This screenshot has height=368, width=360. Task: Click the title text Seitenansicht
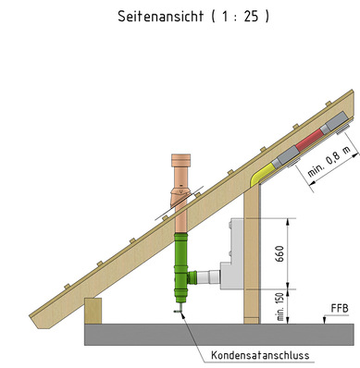(161, 17)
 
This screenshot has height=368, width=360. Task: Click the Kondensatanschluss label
(260, 355)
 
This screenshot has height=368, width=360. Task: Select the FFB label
(340, 308)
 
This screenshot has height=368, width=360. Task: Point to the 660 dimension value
(279, 253)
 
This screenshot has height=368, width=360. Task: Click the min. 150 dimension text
(280, 307)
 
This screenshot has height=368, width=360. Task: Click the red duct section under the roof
(310, 141)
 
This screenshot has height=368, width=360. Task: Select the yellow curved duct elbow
(263, 174)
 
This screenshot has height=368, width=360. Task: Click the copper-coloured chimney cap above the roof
(181, 160)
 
